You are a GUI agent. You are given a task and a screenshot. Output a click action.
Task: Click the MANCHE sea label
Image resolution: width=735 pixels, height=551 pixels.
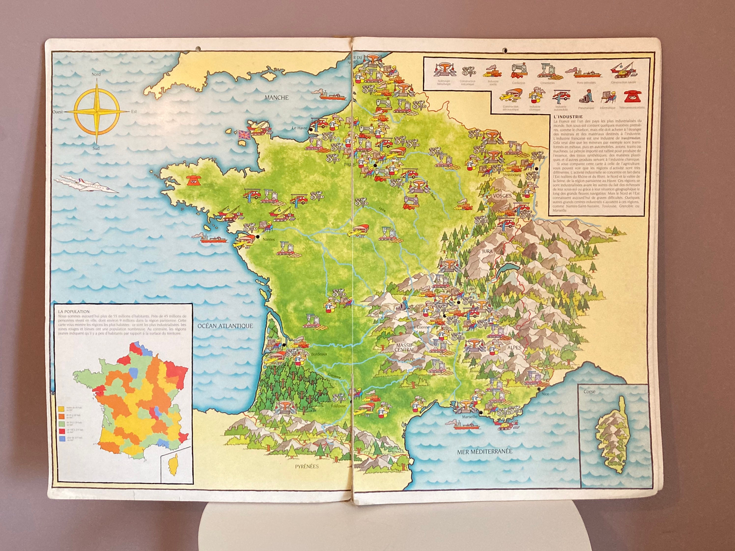pos(276,98)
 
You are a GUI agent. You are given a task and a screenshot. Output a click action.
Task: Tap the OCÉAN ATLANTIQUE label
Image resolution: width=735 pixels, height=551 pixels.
pos(225,326)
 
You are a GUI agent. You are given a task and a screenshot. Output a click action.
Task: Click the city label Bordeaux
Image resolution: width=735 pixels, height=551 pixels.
pos(319,354)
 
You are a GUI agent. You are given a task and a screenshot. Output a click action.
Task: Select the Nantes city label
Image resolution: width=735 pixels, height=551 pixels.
pos(269,239)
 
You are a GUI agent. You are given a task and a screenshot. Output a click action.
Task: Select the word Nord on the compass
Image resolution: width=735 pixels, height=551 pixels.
pos(96,74)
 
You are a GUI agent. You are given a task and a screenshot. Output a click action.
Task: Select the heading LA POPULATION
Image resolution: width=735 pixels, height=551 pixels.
pos(74,312)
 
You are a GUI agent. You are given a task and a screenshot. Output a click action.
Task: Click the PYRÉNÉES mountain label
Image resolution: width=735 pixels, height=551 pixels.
pos(307,466)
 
